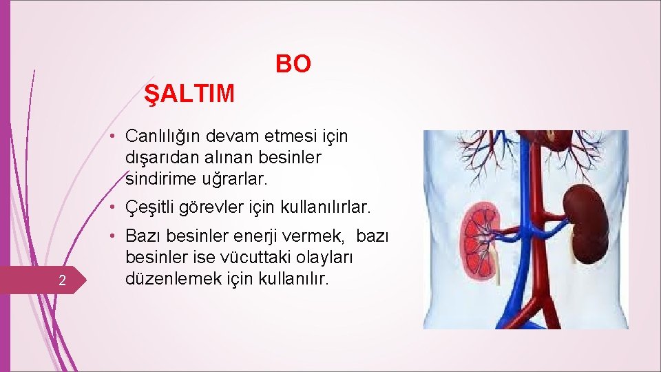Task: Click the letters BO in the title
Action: tap(293, 64)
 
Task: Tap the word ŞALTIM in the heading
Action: tap(189, 93)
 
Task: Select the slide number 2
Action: tap(61, 280)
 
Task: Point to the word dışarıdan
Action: tap(158, 158)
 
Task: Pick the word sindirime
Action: tap(156, 179)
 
